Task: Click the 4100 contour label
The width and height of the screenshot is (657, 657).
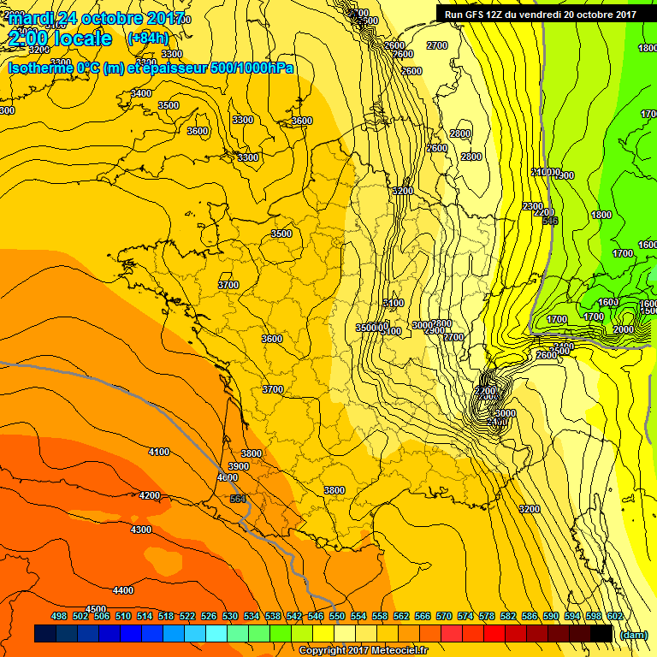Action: [158, 452]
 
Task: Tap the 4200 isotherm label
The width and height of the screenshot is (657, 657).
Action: [150, 495]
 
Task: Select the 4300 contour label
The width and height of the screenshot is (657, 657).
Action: [141, 530]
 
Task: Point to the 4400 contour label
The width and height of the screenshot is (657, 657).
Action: [123, 590]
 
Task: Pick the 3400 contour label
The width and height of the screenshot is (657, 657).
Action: [141, 93]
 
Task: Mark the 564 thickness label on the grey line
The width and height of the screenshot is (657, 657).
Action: [238, 499]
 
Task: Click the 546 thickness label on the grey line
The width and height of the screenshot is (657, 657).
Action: [550, 221]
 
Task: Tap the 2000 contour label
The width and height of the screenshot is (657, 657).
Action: [624, 329]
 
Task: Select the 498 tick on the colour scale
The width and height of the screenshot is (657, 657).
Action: [59, 616]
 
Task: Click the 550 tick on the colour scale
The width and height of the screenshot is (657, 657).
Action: [337, 616]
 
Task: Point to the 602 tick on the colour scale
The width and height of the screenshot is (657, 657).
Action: [614, 616]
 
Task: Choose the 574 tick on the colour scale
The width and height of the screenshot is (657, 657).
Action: [465, 616]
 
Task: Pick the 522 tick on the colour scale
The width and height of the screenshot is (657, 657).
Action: [187, 616]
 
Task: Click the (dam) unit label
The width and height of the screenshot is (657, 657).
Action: [632, 635]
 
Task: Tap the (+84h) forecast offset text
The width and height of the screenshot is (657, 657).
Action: [147, 38]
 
